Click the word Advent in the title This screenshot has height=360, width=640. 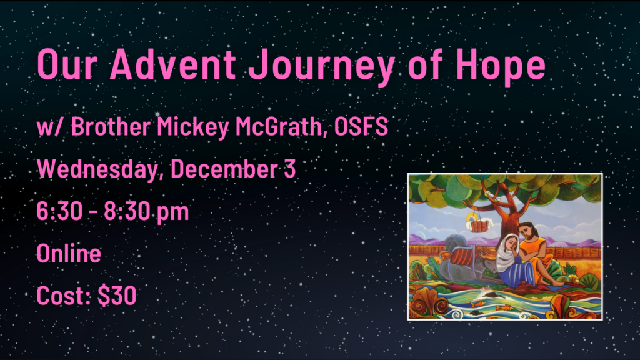pos(172,64)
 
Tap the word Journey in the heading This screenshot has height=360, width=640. pos(322,67)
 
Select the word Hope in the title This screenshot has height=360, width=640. pos(501,67)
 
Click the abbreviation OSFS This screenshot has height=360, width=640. pos(361,126)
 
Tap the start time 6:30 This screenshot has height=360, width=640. pos(59,211)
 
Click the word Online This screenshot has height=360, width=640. pos(69,253)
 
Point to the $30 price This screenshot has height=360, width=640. pos(117,296)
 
